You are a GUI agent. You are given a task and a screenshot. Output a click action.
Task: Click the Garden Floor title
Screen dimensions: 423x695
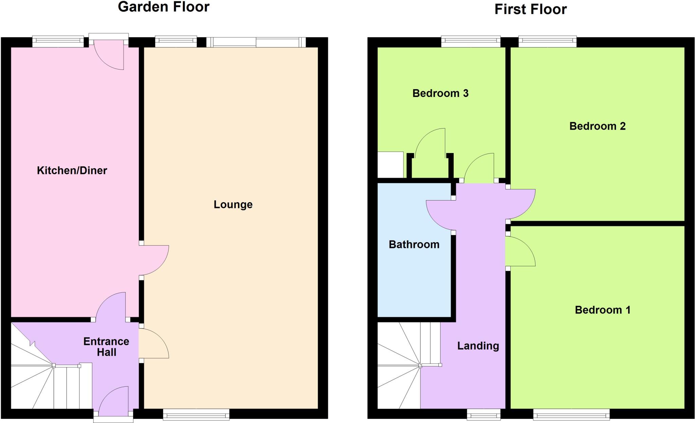[164, 7]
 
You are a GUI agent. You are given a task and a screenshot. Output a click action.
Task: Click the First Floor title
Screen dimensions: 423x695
[530, 9]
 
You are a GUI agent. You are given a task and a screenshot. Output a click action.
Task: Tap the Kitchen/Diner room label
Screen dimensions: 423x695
[72, 170]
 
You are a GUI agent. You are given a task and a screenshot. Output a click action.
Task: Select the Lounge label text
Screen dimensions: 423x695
[233, 205]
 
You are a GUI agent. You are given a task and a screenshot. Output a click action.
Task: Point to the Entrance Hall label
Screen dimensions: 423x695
[106, 347]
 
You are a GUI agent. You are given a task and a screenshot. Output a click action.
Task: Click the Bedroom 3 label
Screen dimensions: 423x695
[440, 93]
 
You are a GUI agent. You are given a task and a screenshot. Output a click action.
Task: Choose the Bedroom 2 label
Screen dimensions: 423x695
[597, 126]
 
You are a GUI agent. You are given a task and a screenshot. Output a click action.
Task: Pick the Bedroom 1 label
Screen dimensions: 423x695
[602, 310]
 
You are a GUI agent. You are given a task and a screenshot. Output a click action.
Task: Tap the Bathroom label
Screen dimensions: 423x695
[414, 245]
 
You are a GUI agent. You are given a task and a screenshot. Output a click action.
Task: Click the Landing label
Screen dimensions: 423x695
[478, 346]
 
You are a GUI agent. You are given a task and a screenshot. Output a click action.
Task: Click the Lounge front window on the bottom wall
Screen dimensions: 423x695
[196, 414]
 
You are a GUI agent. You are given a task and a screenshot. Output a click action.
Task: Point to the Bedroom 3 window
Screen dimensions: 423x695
[471, 42]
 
